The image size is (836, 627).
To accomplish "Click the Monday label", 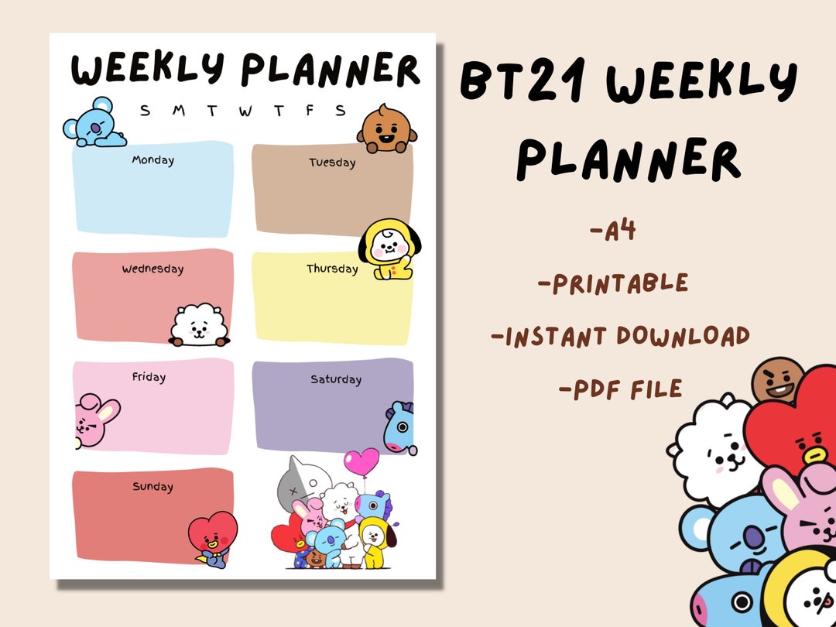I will click(152, 160).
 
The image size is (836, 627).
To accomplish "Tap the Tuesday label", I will click(332, 163).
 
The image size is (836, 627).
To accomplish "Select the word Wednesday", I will click(152, 269).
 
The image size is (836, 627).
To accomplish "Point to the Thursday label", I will click(332, 269).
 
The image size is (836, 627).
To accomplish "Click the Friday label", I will click(149, 377).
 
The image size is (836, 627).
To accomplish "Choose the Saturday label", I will click(336, 379).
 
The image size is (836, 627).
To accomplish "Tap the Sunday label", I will click(152, 487).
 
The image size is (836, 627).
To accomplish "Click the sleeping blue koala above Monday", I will click(93, 124).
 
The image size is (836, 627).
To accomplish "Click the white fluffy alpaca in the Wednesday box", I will click(200, 326).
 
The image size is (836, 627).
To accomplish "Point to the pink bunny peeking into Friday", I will click(94, 421).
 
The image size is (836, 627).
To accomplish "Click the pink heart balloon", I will click(361, 464).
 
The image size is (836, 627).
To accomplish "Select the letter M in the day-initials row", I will click(178, 111).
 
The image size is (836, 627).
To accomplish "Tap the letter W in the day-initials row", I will click(245, 111).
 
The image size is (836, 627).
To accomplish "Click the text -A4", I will click(612, 230).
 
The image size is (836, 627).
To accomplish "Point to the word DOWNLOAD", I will click(683, 336).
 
